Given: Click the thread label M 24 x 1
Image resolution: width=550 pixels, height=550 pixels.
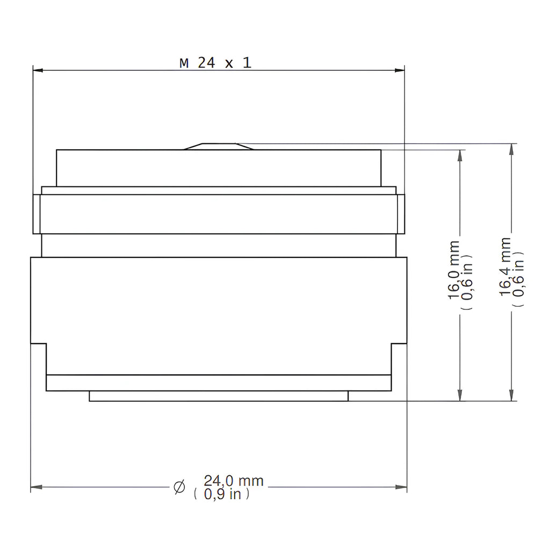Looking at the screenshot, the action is pyautogui.click(x=216, y=63).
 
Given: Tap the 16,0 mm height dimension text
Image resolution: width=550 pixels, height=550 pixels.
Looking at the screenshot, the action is pyautogui.click(x=454, y=270).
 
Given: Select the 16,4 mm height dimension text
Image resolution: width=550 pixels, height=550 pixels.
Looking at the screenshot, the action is pyautogui.click(x=505, y=266).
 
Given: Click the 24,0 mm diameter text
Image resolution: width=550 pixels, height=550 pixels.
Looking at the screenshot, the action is pyautogui.click(x=234, y=481).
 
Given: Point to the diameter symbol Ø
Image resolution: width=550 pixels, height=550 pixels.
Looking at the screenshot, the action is pyautogui.click(x=179, y=487).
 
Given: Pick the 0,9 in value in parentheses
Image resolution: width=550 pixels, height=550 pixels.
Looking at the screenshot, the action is pyautogui.click(x=222, y=494).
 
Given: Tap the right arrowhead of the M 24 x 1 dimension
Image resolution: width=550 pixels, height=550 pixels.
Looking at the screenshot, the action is pyautogui.click(x=400, y=70).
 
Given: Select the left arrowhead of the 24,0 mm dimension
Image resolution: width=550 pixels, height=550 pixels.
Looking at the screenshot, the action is pyautogui.click(x=36, y=487).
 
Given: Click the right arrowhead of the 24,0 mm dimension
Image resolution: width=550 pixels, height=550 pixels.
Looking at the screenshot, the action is pyautogui.click(x=402, y=487).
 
